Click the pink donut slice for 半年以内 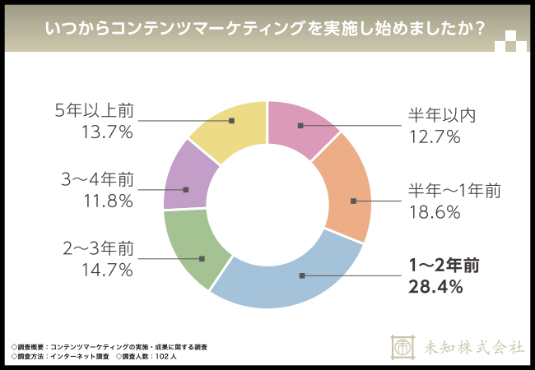tap(301, 126)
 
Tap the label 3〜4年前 tap(94, 178)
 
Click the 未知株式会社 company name tap(468, 347)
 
